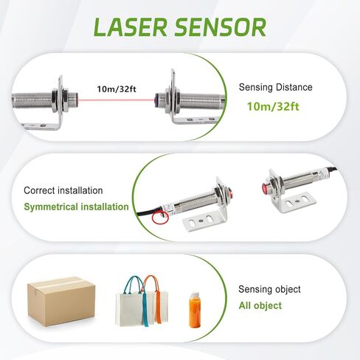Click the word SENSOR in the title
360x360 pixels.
221,27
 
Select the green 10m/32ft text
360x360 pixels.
272,106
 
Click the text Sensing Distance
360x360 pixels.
275,87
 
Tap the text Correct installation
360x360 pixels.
63,190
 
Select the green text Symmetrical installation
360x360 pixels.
76,207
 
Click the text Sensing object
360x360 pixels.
269,289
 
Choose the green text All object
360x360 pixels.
260,305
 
